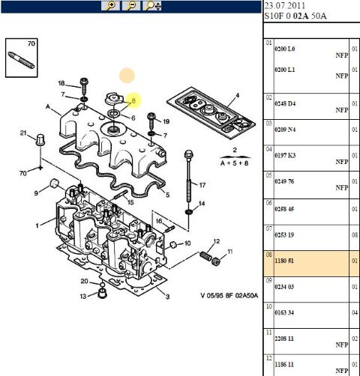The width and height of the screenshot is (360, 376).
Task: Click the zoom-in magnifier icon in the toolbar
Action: coord(112,6)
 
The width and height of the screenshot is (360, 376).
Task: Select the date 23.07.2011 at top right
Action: coord(283,4)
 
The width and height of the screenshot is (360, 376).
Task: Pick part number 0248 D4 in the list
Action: coord(286,102)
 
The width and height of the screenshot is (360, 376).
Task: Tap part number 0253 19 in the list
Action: coord(286,234)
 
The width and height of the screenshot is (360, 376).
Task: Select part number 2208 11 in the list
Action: coord(286,338)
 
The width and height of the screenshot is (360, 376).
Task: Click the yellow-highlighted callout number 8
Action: coord(133,100)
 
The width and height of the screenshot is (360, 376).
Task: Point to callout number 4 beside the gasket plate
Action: coord(237,95)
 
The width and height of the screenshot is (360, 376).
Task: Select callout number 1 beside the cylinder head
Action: coord(36,225)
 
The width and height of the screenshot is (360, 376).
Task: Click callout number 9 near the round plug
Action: coord(35,194)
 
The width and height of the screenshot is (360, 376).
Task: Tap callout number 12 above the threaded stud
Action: coord(217,241)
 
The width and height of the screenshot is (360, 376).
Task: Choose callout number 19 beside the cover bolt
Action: coord(166,121)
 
